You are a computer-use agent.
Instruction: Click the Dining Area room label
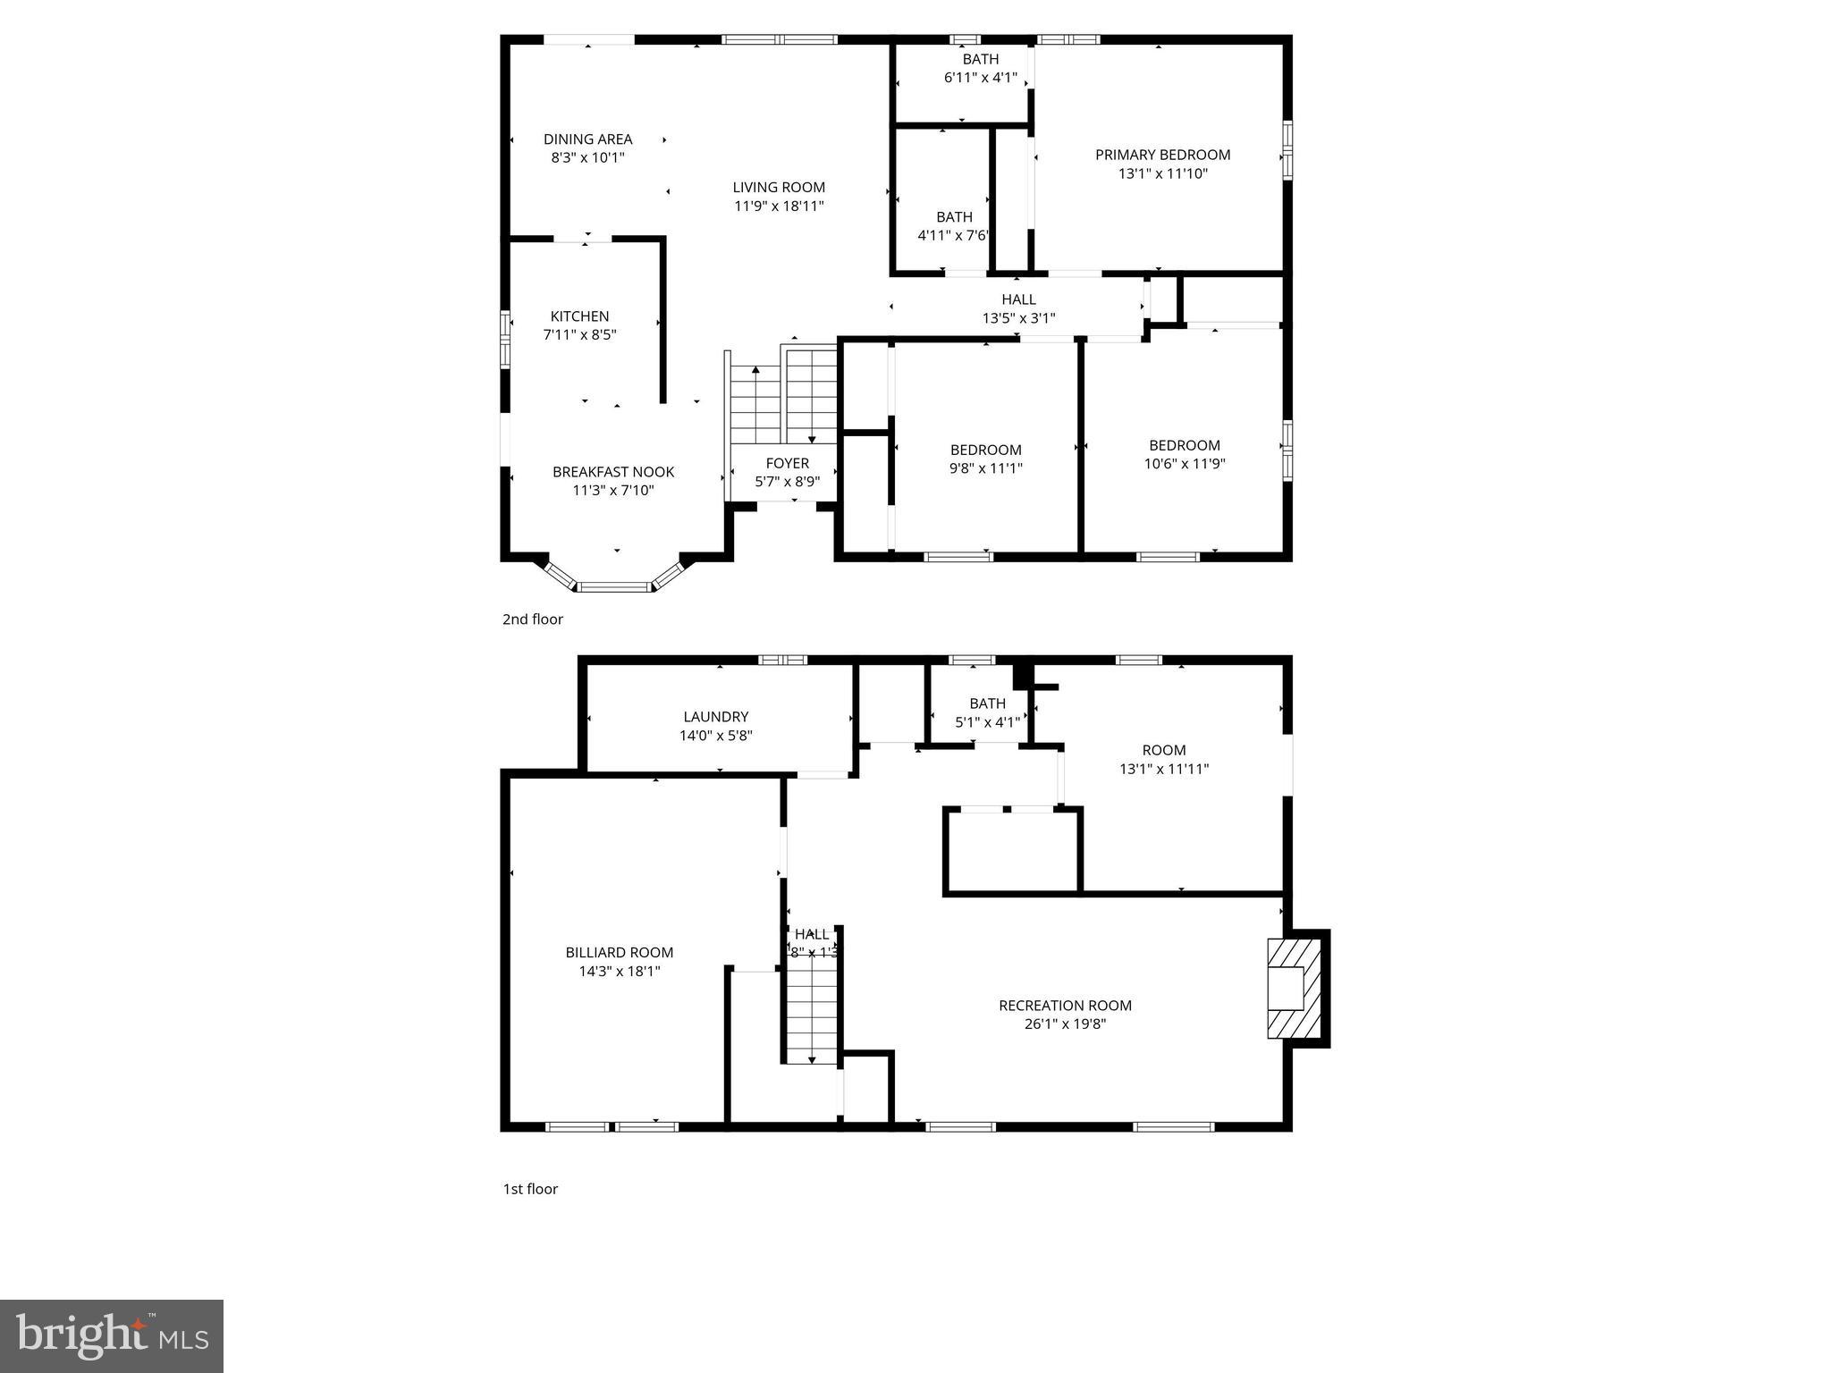tap(587, 139)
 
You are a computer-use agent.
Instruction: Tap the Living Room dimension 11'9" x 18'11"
tap(779, 206)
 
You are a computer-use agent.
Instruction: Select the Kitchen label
tap(579, 316)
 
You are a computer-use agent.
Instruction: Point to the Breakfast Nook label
tap(613, 472)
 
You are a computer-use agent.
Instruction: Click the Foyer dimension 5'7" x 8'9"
tap(787, 482)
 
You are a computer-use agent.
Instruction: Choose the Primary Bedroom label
tap(1162, 155)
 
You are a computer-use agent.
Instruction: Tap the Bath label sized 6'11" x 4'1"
tap(980, 60)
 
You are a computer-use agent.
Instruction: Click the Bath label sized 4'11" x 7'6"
tap(954, 217)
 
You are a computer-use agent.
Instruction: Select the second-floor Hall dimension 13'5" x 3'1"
tap(1018, 318)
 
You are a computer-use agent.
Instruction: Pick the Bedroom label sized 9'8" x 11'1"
tap(985, 450)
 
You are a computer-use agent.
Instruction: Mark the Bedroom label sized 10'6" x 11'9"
tap(1184, 445)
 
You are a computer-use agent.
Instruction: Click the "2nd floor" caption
tap(533, 619)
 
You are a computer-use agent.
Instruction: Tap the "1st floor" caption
tap(530, 1189)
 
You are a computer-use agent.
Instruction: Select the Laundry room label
tap(715, 717)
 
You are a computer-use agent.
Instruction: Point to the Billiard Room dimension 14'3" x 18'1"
tap(619, 972)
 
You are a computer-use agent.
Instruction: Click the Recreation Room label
tap(1065, 1006)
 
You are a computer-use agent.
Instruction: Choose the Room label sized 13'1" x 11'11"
tap(1163, 750)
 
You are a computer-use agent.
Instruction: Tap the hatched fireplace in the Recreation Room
tap(1294, 988)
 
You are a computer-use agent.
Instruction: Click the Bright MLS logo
tap(112, 1336)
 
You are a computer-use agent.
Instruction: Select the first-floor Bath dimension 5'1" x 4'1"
tap(987, 723)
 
